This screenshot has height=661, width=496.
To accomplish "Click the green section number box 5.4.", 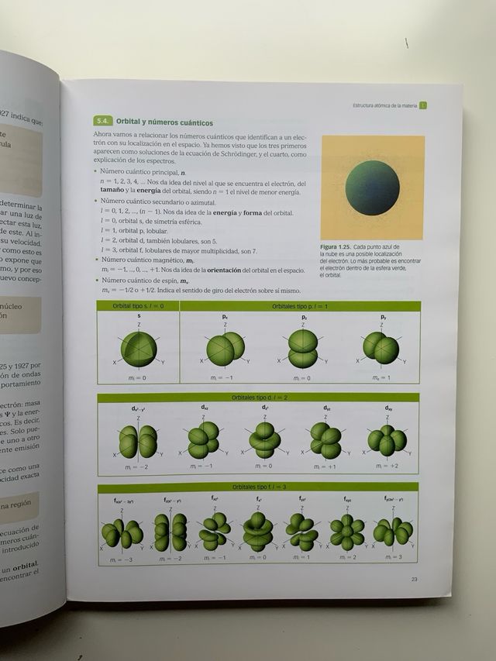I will (x=102, y=122).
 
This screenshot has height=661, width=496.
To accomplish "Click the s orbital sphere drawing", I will (x=139, y=348).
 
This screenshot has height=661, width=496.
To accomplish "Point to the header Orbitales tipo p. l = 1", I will (x=300, y=307).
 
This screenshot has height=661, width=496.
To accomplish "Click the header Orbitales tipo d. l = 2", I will (x=258, y=398).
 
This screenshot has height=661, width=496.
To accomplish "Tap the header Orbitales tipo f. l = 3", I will (x=258, y=487).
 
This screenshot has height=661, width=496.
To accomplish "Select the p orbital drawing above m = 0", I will (x=302, y=348).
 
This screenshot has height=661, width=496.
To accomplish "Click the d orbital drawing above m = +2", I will (x=387, y=439).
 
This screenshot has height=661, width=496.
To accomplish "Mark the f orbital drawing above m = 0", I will (x=257, y=532).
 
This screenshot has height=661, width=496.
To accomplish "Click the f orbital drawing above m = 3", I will (x=392, y=532).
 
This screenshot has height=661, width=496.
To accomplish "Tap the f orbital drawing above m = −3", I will (x=122, y=533).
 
